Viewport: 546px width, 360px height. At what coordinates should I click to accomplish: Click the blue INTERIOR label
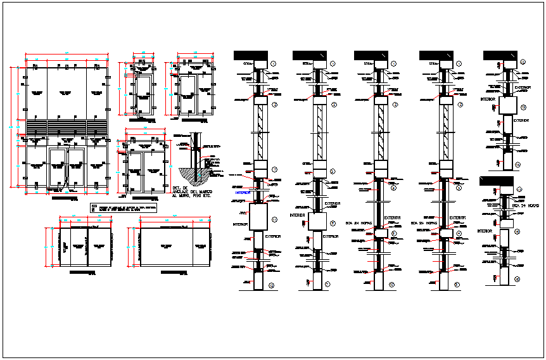click(243, 192)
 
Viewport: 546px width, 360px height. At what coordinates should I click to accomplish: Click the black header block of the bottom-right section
click(497, 181)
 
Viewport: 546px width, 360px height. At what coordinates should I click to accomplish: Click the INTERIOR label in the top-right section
click(488, 100)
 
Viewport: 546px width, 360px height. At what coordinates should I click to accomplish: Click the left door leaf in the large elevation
click(58, 168)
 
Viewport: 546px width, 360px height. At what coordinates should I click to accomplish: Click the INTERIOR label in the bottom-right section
click(485, 232)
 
